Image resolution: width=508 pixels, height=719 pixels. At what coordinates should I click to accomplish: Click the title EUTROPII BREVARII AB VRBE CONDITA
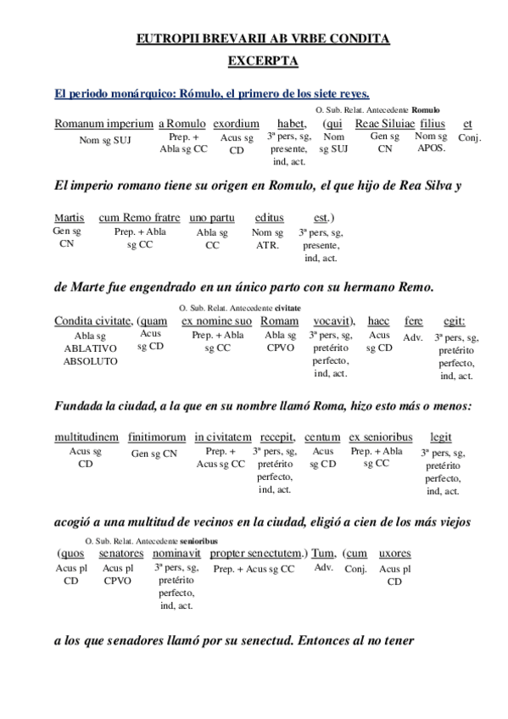point(262,39)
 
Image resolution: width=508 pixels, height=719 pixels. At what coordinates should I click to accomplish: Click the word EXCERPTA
point(262,61)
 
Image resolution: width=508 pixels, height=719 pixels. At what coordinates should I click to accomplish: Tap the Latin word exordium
point(236,124)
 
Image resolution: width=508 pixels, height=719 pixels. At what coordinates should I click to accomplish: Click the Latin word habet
point(292,124)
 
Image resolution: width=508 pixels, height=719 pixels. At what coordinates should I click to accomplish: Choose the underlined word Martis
point(69,218)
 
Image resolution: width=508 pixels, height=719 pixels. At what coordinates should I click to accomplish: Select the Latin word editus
point(269,218)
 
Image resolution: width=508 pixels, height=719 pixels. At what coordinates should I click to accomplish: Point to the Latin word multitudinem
point(87,438)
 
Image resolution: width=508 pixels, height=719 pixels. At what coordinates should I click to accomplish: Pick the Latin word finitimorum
point(157,438)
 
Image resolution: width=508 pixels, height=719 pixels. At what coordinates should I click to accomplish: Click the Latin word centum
point(322,438)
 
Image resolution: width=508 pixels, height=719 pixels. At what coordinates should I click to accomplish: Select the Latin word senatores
point(121,554)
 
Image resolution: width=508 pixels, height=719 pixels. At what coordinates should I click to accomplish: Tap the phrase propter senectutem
point(256,554)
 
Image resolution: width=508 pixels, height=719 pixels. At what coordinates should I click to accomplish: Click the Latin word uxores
point(394,554)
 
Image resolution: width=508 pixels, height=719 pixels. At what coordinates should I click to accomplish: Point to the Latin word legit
point(440,438)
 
